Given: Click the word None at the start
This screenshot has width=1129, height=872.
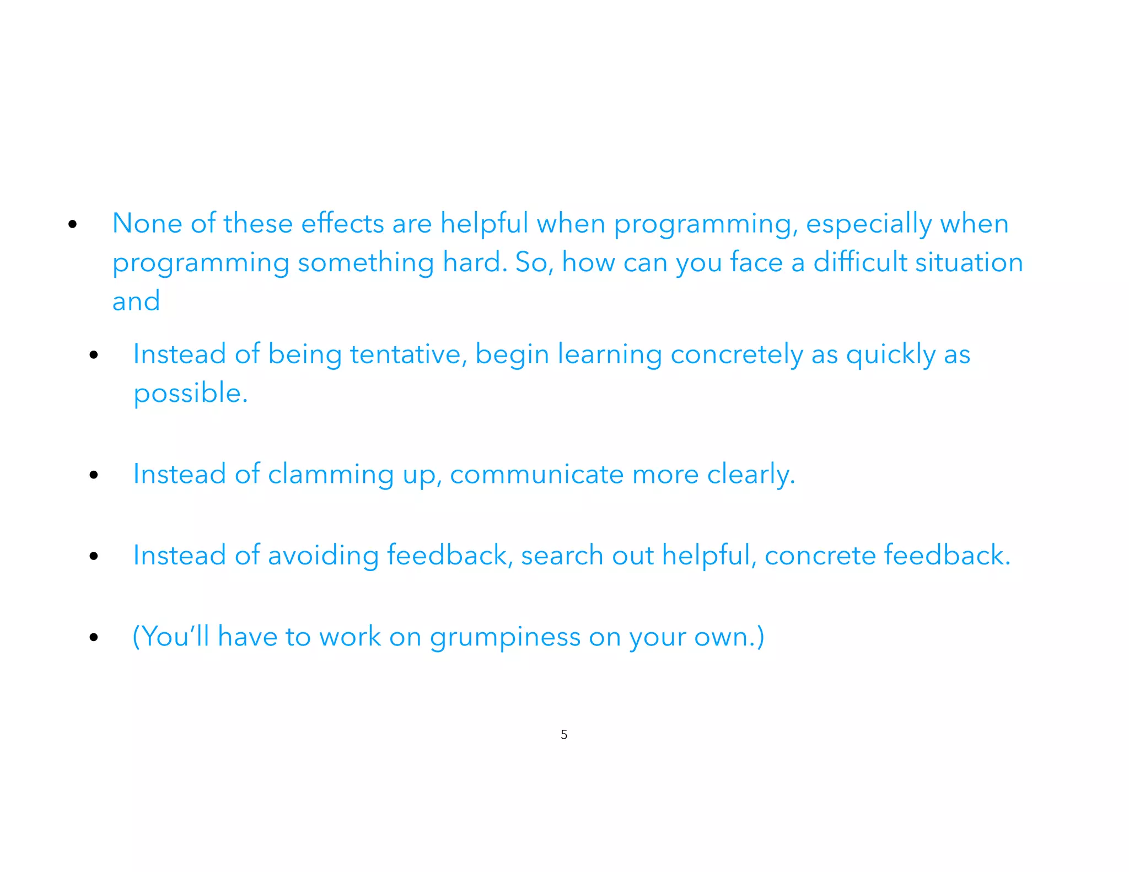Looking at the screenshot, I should (x=147, y=224).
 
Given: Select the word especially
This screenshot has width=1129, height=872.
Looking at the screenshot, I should (x=868, y=225).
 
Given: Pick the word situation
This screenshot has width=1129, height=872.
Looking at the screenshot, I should (x=969, y=262).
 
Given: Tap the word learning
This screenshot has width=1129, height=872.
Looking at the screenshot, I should (x=609, y=355).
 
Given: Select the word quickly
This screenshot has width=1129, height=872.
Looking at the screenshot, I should (x=890, y=355).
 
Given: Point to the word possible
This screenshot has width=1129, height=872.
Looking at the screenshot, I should (x=190, y=394).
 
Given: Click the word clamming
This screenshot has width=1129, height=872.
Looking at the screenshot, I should (x=330, y=475).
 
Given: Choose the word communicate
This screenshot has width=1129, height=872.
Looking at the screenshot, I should (x=536, y=475).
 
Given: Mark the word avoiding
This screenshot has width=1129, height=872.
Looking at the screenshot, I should (x=323, y=556).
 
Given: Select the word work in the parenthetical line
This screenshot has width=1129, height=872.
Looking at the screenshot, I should (x=350, y=637).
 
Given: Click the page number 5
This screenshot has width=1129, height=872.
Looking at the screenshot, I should (x=564, y=734).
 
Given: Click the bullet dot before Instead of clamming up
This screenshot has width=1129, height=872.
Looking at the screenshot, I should (x=94, y=475).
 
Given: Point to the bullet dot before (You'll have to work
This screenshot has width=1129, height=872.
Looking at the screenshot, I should (x=94, y=637).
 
